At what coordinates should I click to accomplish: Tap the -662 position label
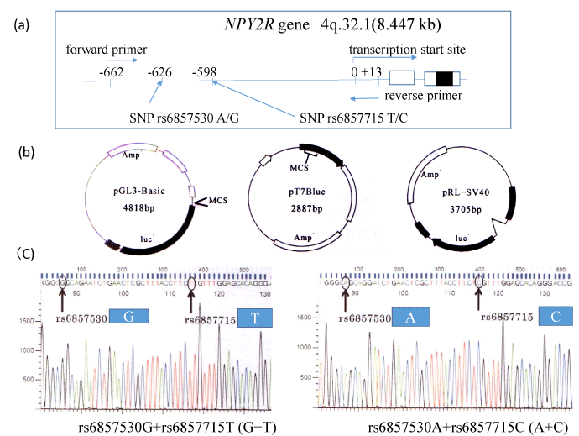pos(110,71)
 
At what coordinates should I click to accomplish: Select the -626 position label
pos(159,71)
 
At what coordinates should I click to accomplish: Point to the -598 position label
pos(206,71)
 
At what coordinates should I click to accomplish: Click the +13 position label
pos(373,72)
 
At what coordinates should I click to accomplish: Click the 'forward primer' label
pos(100,48)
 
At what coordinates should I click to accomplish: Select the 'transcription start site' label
pos(408,50)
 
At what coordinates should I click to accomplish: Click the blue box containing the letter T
pos(253,318)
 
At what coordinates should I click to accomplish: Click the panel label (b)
pos(27,154)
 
